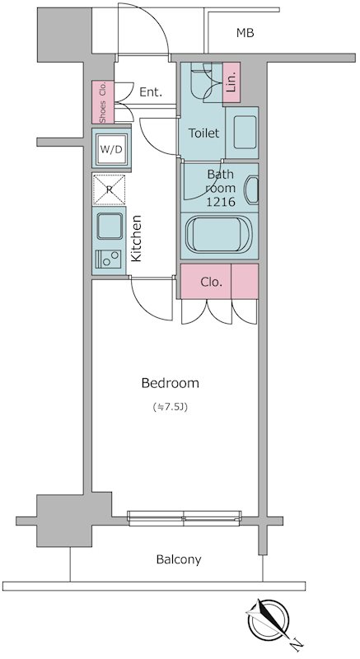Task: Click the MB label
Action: coord(245,33)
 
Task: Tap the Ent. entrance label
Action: coord(151,92)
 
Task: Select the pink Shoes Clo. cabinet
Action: coord(103,102)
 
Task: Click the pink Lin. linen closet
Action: coord(231,82)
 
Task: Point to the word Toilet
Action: coord(203,133)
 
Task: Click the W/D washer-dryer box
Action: coord(112,149)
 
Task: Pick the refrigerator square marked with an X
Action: coord(110,189)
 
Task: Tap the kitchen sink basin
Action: coord(110,226)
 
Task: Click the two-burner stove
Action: coord(109,259)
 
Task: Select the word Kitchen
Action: coord(136,238)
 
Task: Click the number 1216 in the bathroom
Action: coord(220,201)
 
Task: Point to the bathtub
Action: coord(219,235)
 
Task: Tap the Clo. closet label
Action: coord(211,283)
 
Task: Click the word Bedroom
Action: coord(171,383)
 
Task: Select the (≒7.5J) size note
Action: coord(171,407)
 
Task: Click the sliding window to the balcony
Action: coord(185,518)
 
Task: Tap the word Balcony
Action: coord(179,560)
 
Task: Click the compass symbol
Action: coord(268,620)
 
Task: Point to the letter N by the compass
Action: coord(297,643)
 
